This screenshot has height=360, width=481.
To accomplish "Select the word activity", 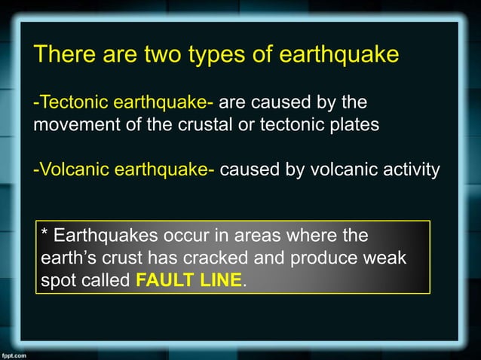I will click(404, 169).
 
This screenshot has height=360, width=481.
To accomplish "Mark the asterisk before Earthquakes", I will click(45, 234).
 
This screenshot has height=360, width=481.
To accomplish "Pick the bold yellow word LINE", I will click(223, 282).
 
